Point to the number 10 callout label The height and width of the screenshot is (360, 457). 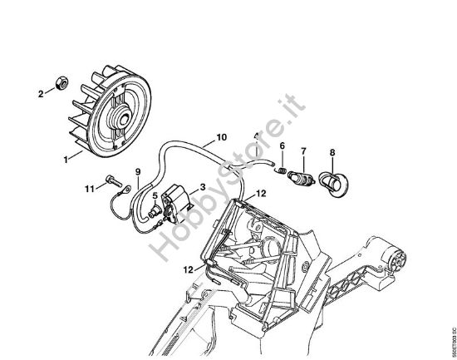click(x=220, y=137)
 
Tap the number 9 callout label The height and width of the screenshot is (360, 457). click(x=139, y=172)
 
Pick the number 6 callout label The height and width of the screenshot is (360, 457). click(x=282, y=147)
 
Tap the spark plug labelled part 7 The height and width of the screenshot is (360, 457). click(x=301, y=178)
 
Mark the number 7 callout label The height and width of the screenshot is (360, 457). click(x=305, y=151)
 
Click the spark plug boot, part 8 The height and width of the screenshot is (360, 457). click(x=335, y=183)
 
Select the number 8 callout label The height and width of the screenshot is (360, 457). click(x=332, y=152)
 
